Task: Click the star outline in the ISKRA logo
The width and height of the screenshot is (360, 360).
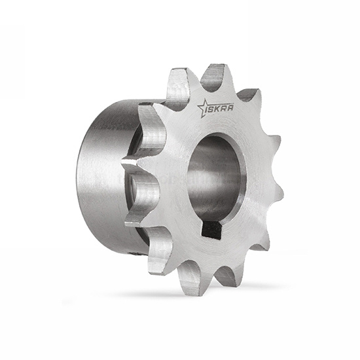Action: tap(204, 107)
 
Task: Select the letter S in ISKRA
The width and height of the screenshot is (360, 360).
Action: tap(211, 109)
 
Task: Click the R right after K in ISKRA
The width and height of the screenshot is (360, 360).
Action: tap(224, 108)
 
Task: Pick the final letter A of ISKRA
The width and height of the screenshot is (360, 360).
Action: tap(230, 107)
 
